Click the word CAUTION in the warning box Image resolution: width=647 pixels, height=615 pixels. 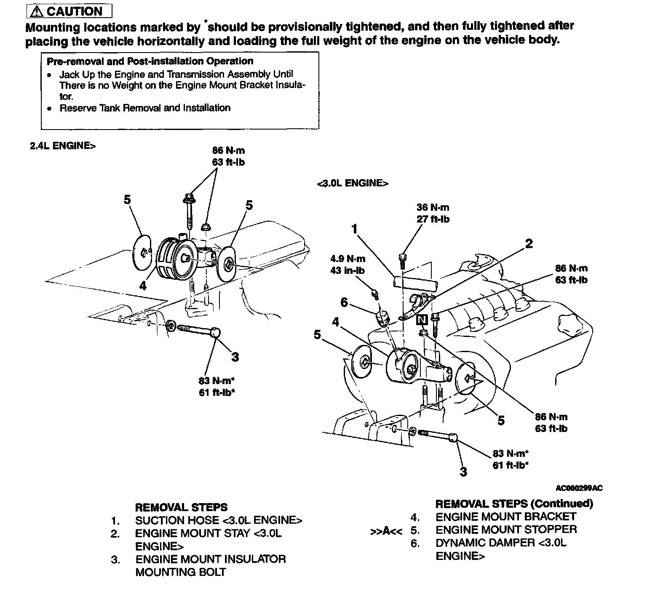[x=75, y=11]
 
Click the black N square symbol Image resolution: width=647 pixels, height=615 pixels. [x=422, y=320]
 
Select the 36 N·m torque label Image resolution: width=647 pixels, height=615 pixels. [x=433, y=207]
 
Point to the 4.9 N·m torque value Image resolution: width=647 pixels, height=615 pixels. [x=348, y=259]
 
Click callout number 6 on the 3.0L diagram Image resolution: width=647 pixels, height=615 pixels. [x=344, y=302]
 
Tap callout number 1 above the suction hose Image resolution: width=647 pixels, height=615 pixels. [x=355, y=229]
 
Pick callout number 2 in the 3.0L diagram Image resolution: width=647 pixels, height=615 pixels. [x=529, y=244]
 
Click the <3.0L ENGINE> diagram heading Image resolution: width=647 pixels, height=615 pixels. [x=352, y=183]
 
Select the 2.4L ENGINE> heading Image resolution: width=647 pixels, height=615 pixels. [x=62, y=146]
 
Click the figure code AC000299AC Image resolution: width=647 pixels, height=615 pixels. [x=579, y=488]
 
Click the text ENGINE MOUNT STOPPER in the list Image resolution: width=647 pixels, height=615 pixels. [x=506, y=530]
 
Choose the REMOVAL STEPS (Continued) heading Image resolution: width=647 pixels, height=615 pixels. [x=514, y=504]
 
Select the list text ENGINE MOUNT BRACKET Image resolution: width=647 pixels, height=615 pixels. [x=505, y=517]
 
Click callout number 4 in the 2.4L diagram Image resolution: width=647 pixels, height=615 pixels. [x=143, y=286]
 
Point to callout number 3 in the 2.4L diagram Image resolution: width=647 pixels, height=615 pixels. [x=235, y=357]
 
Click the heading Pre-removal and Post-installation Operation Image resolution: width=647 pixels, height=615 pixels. [x=150, y=61]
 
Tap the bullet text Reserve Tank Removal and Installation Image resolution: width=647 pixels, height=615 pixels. [x=145, y=108]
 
